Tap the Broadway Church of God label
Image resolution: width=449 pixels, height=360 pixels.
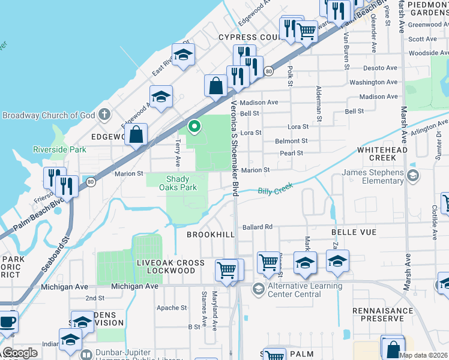pos(49,115)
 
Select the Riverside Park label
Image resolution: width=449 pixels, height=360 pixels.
pos(59,149)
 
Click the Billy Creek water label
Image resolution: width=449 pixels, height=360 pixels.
pos(275,190)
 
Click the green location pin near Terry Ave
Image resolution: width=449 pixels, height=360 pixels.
pos(194,127)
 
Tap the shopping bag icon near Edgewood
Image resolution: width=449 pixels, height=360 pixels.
pos(137,134)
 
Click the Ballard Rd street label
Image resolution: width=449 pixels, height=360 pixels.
pos(258,227)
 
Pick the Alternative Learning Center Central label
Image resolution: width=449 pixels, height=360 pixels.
pos(305,290)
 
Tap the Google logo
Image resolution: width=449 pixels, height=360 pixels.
pos(20,353)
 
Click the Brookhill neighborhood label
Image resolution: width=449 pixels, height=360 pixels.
pos(210,235)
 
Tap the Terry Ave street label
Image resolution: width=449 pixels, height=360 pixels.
pos(178,154)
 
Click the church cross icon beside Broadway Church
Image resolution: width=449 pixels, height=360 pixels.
pos(104,113)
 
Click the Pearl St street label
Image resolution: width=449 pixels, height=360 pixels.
pos(291,154)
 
